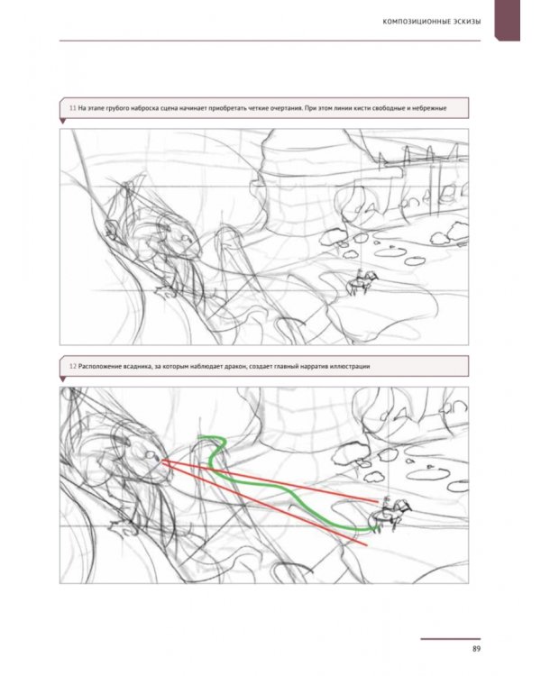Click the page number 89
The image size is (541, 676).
point(476,648)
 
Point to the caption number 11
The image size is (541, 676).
point(73,108)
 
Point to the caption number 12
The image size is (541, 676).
point(73,367)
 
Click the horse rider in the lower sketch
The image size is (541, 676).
point(390,512)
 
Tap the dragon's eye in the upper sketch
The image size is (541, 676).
point(185,238)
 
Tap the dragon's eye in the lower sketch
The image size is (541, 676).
point(151,454)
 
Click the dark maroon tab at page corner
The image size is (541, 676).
point(507,20)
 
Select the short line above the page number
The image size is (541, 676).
point(451,638)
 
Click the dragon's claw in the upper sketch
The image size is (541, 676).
point(166,293)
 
